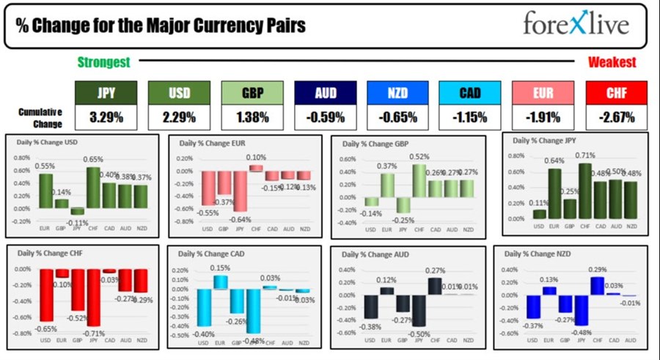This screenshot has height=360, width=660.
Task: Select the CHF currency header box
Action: (616, 92)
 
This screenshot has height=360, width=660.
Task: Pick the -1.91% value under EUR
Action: (543, 116)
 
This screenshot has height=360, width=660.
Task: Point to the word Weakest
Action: (612, 62)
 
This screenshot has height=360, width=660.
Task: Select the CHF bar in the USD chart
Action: (93, 188)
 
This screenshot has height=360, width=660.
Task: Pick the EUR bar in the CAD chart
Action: (220, 282)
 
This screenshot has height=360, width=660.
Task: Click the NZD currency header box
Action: (397, 92)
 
